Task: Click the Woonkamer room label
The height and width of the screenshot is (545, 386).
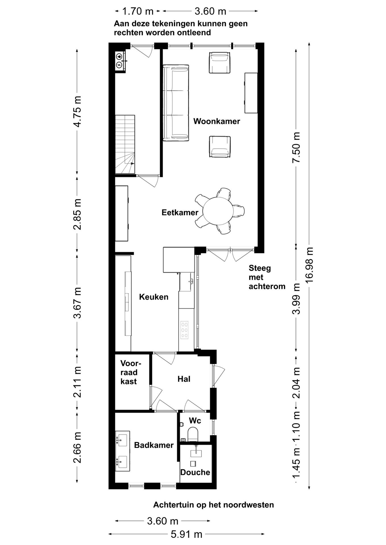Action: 217,121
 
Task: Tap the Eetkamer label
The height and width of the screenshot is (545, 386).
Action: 180,212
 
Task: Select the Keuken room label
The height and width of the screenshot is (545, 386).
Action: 153,297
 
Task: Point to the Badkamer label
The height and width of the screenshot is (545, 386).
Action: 154,445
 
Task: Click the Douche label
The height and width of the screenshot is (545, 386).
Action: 195,472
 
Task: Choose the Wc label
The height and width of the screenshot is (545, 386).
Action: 195,421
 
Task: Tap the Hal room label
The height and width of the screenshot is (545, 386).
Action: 184,379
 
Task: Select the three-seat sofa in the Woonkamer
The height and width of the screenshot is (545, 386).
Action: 176,103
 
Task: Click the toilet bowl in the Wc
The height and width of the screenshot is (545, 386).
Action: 193,435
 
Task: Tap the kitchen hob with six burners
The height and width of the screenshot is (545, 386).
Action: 184,330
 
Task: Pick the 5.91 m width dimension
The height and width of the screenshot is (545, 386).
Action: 186,534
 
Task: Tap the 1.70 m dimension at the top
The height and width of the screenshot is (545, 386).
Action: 138,11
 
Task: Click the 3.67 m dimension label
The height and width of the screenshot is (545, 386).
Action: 77,303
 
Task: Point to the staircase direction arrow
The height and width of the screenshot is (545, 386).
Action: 132,163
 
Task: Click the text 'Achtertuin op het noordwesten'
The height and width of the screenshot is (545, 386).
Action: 213,505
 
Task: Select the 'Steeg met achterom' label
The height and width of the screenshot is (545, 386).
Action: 267,277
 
